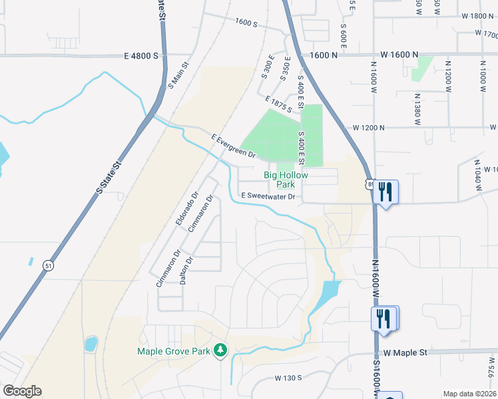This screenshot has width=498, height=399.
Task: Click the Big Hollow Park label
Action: click(286, 179)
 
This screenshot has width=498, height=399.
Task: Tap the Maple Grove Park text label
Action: click(173, 351)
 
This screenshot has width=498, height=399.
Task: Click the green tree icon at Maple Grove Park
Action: click(220, 350)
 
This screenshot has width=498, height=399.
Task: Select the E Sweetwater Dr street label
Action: click(268, 196)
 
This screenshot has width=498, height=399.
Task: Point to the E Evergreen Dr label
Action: click(234, 146)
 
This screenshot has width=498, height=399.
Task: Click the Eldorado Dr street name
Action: click(187, 209)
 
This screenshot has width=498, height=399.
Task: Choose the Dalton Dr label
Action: click(186, 271)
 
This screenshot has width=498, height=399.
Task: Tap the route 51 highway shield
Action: click(48, 265)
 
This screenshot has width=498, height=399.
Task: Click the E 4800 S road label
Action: click(140, 56)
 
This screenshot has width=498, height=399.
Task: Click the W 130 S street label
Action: click(288, 378)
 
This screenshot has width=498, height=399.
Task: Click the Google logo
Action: click(22, 391)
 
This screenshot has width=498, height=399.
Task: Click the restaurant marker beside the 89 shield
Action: click(385, 192)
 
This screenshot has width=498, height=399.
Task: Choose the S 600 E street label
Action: click(344, 36)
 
